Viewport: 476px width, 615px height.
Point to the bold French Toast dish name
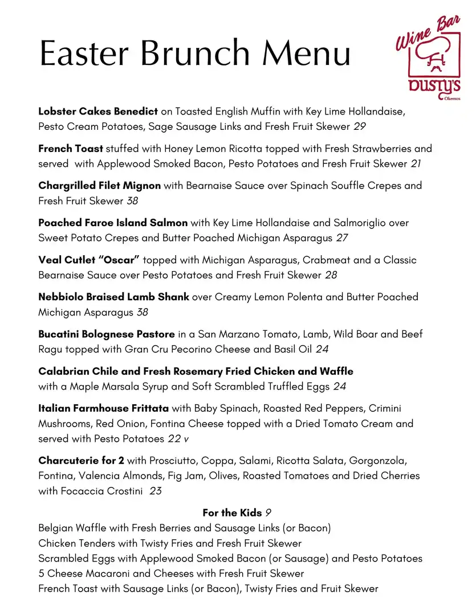(x=71, y=149)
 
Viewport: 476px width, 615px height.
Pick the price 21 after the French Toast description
(x=417, y=164)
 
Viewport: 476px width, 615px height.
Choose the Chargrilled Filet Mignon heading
(x=99, y=186)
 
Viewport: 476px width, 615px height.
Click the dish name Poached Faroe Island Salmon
(x=113, y=223)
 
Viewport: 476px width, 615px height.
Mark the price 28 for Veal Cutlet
(x=331, y=275)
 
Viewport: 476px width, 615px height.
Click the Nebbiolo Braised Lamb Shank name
(x=113, y=297)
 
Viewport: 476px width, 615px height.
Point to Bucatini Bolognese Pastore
(x=107, y=334)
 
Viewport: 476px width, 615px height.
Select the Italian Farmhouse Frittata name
(x=103, y=408)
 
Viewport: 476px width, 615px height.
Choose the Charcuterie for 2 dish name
(x=81, y=460)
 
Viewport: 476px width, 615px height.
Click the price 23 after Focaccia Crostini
(x=156, y=491)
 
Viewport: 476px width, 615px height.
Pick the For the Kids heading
(x=232, y=512)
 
